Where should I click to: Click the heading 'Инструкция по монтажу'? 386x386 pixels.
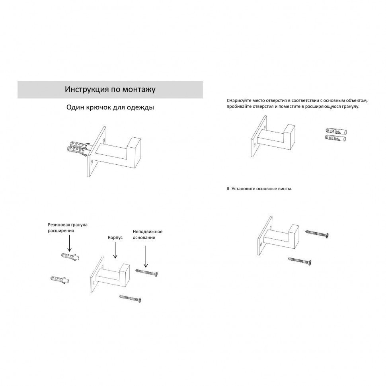(x=110, y=90)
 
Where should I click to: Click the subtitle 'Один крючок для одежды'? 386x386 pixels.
(x=110, y=107)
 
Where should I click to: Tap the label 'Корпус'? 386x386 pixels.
(x=115, y=238)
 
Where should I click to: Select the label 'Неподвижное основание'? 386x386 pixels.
(x=148, y=235)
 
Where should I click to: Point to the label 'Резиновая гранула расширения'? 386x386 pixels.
(x=68, y=228)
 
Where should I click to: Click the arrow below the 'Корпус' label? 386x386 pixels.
(x=115, y=250)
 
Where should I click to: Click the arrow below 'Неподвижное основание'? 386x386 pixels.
(x=146, y=256)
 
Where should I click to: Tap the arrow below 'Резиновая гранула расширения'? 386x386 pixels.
(x=70, y=243)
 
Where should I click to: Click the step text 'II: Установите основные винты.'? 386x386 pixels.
(x=259, y=189)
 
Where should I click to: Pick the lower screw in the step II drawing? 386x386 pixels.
(x=300, y=261)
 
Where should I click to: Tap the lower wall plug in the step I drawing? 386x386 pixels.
(x=335, y=138)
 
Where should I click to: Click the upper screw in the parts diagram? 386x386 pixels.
(x=146, y=272)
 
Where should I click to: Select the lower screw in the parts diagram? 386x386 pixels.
(x=130, y=298)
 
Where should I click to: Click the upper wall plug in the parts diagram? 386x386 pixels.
(x=70, y=257)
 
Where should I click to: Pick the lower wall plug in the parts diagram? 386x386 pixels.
(x=60, y=280)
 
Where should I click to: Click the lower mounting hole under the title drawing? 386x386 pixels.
(x=92, y=162)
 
